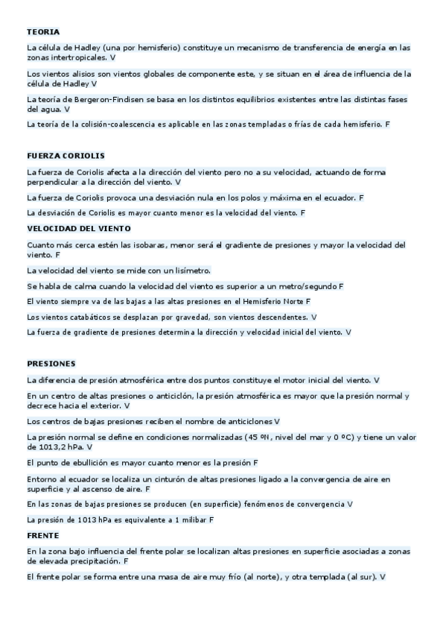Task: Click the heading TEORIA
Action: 42,32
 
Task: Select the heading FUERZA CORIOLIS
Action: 66,156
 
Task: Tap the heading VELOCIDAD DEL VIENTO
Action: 78,228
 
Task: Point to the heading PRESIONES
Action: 51,364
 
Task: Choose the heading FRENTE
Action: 42,535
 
